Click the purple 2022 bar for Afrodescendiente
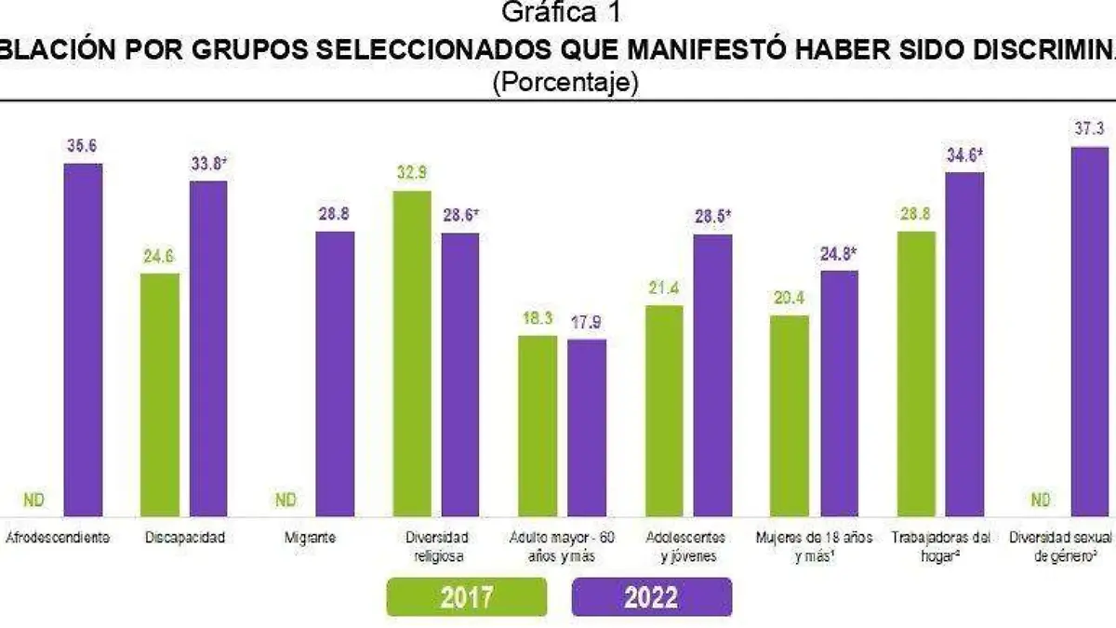click(83, 340)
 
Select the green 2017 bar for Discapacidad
click(159, 394)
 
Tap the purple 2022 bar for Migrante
click(334, 373)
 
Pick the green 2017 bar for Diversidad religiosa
click(412, 354)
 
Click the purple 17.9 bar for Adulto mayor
click(587, 427)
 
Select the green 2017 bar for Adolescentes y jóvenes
click(664, 410)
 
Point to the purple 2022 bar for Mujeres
click(839, 393)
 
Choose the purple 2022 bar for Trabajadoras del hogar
click(964, 344)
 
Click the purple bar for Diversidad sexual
click(1090, 331)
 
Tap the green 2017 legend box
click(467, 596)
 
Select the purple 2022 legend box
click(652, 596)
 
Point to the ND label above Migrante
click(286, 501)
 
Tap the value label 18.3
click(537, 318)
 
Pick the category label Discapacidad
click(185, 538)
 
